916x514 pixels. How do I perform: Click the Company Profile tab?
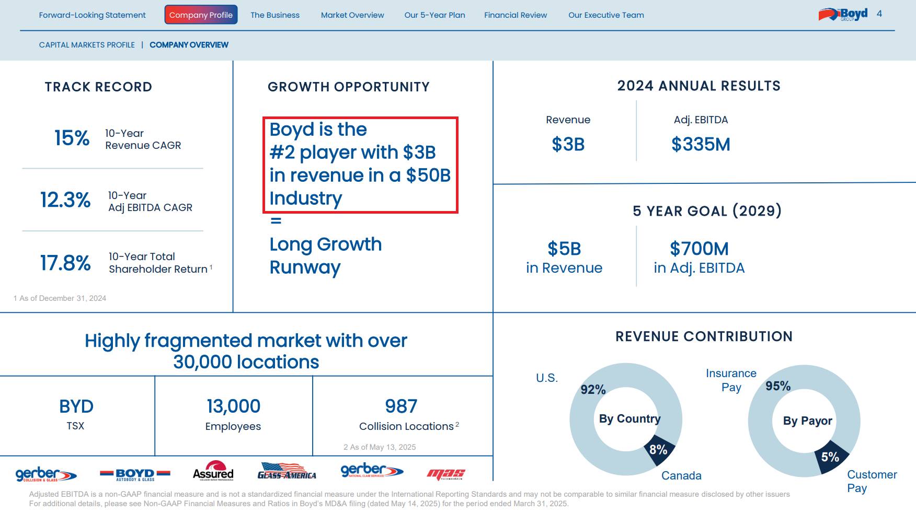tap(201, 15)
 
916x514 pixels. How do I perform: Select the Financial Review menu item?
tap(515, 15)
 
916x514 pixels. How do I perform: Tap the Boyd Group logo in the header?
tap(843, 15)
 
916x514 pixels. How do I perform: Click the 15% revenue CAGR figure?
tap(72, 138)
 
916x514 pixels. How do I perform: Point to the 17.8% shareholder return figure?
tap(65, 263)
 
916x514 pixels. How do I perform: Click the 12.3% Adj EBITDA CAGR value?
tap(65, 200)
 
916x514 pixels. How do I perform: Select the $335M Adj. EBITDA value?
tap(701, 144)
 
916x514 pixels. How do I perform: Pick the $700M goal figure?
tap(699, 249)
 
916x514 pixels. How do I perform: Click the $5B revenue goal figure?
tap(564, 249)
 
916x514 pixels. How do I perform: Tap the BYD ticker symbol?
tap(76, 406)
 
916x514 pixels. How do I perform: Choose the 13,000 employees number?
tap(233, 406)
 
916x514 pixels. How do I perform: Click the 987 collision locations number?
tap(401, 406)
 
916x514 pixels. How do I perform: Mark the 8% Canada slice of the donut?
tap(659, 450)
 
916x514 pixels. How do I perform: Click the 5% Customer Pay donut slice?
tap(830, 457)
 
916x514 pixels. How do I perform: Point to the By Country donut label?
tap(629, 419)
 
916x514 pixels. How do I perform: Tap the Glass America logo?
tap(287, 472)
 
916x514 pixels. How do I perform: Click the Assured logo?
tap(213, 471)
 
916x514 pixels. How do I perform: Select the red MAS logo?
tap(445, 474)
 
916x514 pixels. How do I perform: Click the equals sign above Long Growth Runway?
tap(276, 221)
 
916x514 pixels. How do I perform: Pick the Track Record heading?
tap(98, 87)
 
